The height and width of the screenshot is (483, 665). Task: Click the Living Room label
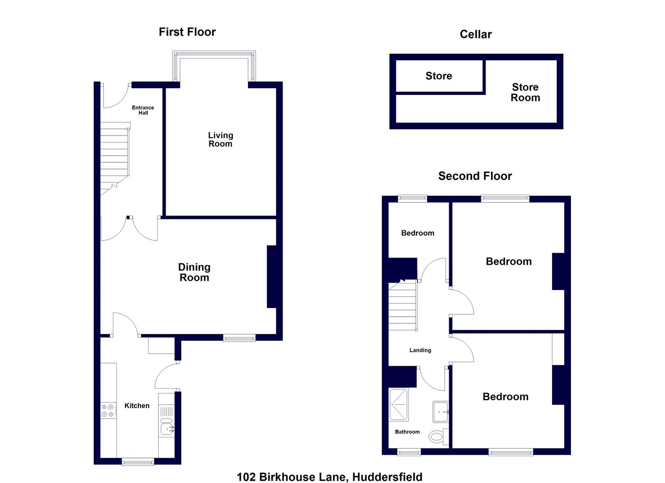click(x=220, y=140)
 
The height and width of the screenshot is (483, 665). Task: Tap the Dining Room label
click(x=194, y=272)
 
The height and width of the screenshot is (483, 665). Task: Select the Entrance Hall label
click(x=143, y=110)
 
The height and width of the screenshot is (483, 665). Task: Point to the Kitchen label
click(x=137, y=406)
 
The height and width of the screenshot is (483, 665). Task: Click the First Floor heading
click(x=187, y=32)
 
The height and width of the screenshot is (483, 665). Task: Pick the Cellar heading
click(x=476, y=34)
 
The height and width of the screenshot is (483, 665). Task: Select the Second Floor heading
click(x=475, y=176)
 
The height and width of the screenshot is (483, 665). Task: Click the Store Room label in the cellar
click(x=525, y=93)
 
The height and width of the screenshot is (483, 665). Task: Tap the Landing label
click(x=420, y=350)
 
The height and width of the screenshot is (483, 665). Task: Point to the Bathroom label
click(x=408, y=432)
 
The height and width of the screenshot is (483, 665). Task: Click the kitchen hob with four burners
click(x=108, y=411)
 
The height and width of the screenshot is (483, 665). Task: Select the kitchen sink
click(x=167, y=428)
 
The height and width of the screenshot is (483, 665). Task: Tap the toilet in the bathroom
click(x=437, y=436)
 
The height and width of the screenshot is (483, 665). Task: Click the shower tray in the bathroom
click(x=399, y=405)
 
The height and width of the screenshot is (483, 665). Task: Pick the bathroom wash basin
click(x=440, y=411)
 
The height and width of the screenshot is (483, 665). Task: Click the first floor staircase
click(x=115, y=157)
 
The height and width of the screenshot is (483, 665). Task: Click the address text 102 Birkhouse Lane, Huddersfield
click(x=330, y=477)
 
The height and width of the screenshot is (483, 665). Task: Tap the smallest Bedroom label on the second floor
click(x=417, y=233)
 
